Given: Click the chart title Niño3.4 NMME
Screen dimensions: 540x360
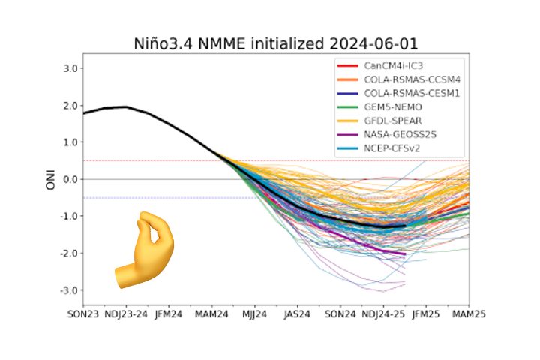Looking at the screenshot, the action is pyautogui.click(x=189, y=44).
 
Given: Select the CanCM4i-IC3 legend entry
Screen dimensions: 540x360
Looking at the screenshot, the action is pyautogui.click(x=393, y=66).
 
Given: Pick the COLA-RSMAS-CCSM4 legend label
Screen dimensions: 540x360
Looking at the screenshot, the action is pyautogui.click(x=412, y=79).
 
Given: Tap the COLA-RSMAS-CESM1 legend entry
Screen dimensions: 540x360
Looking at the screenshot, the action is pyautogui.click(x=412, y=93).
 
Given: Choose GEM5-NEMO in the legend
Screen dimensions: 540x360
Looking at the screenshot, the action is pyautogui.click(x=393, y=107).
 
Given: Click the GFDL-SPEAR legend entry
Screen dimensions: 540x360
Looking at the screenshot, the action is pyautogui.click(x=393, y=121).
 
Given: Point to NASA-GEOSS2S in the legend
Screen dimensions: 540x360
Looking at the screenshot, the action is pyautogui.click(x=400, y=135).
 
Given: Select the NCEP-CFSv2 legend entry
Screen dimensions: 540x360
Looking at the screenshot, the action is pyautogui.click(x=392, y=148).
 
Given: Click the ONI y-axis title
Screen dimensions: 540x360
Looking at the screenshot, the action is pyautogui.click(x=51, y=179).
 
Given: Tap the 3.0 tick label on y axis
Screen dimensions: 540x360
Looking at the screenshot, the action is pyautogui.click(x=70, y=68).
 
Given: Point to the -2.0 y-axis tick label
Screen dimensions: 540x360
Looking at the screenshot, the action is pyautogui.click(x=68, y=253).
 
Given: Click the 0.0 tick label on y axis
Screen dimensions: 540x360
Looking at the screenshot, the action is pyautogui.click(x=70, y=179).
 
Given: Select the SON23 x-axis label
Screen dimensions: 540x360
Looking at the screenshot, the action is pyautogui.click(x=83, y=314).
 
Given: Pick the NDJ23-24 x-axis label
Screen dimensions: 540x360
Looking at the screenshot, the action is pyautogui.click(x=126, y=314).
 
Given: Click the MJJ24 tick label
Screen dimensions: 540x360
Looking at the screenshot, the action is pyautogui.click(x=255, y=314).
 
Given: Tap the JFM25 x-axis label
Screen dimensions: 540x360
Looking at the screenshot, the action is pyautogui.click(x=426, y=314).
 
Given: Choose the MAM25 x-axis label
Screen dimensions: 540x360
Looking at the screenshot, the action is pyautogui.click(x=469, y=314).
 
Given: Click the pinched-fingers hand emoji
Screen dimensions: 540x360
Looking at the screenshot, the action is pyautogui.click(x=144, y=250).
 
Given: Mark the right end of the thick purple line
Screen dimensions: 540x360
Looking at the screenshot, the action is pyautogui.click(x=405, y=254).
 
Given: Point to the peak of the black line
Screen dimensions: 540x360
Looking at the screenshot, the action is pyautogui.click(x=126, y=106).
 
